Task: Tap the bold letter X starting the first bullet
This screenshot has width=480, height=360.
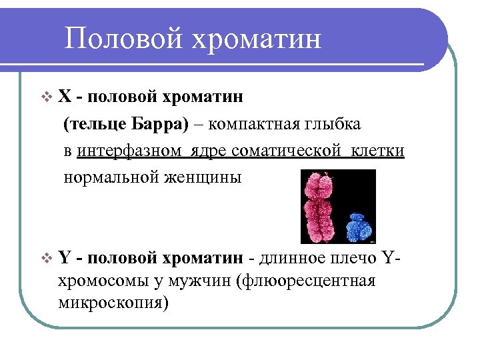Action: (x=65, y=97)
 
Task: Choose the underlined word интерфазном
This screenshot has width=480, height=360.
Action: (x=129, y=151)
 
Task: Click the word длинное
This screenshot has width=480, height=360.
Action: (x=293, y=258)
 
